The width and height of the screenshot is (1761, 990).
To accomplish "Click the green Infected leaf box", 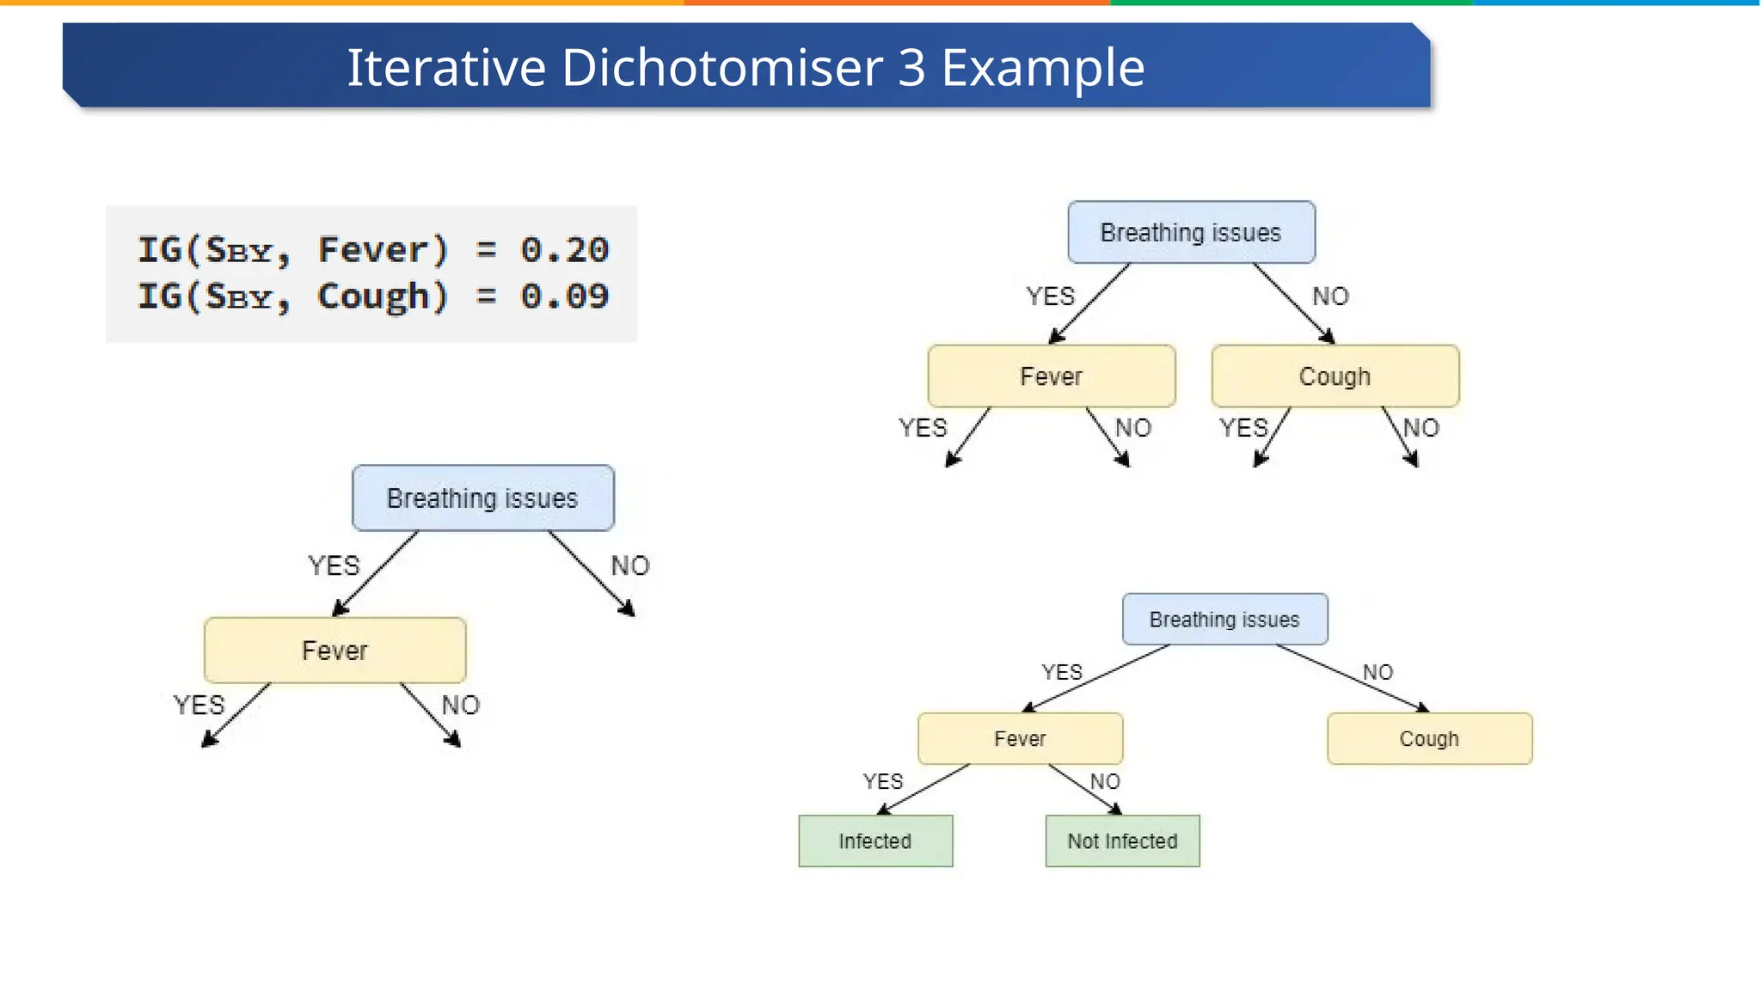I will pyautogui.click(x=875, y=840).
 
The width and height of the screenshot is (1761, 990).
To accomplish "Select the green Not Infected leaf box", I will pyautogui.click(x=1122, y=840).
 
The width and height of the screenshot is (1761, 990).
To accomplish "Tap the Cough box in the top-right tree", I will pyautogui.click(x=1335, y=376).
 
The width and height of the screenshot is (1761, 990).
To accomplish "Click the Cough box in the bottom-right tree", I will pyautogui.click(x=1429, y=738).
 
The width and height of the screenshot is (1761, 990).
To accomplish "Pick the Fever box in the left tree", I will pyautogui.click(x=334, y=651).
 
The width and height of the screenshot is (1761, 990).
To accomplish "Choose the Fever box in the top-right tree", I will pyautogui.click(x=1051, y=376).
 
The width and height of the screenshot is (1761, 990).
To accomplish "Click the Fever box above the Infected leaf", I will pyautogui.click(x=1020, y=738).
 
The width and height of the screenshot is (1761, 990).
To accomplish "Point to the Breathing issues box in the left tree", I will pyautogui.click(x=482, y=498).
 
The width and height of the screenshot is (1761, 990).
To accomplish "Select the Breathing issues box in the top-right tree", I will pyautogui.click(x=1191, y=232).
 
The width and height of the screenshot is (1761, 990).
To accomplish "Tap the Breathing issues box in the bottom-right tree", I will pyautogui.click(x=1224, y=620).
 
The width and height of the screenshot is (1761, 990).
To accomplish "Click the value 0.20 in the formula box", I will pyautogui.click(x=564, y=250).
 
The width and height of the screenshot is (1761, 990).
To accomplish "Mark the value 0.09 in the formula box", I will pyautogui.click(x=564, y=296).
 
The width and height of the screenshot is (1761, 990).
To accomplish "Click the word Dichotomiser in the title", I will pyautogui.click(x=722, y=67).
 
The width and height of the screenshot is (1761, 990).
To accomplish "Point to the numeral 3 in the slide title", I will pyautogui.click(x=911, y=67).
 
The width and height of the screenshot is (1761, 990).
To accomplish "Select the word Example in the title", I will pyautogui.click(x=1043, y=67).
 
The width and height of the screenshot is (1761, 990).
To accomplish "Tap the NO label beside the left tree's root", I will pyautogui.click(x=630, y=565).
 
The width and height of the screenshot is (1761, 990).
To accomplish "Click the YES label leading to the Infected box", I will pyautogui.click(x=883, y=781).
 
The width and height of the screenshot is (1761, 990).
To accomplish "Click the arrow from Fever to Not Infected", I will pyautogui.click(x=1085, y=789).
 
